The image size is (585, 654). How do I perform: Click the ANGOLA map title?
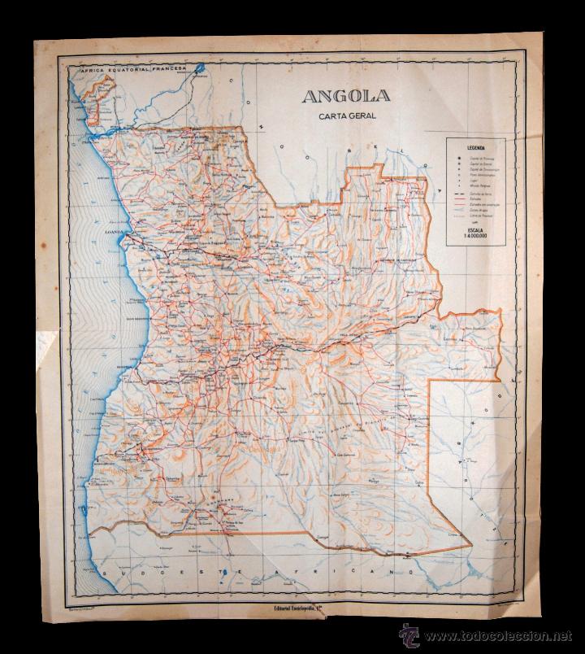(x=346, y=96)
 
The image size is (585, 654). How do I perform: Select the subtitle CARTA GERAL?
(x=346, y=116)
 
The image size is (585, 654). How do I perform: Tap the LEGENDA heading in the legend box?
(x=470, y=148)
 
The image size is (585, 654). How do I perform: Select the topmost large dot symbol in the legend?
(x=460, y=158)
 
